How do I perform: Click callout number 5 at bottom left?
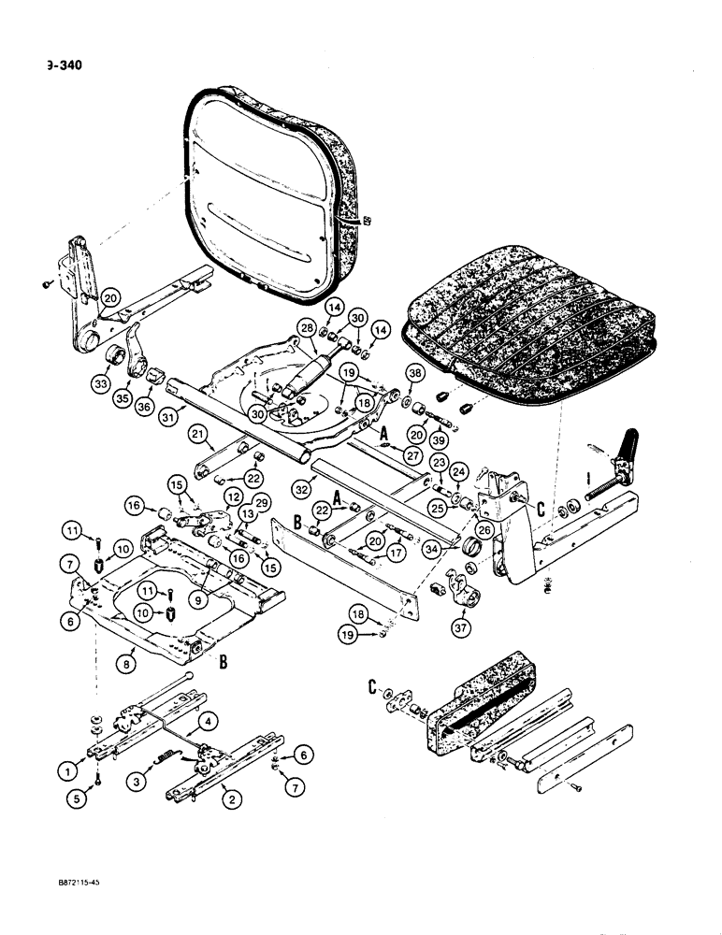point(79,797)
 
